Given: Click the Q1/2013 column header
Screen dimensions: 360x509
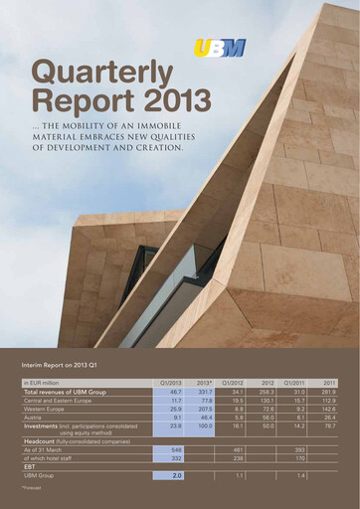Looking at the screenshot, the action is pos(170,382).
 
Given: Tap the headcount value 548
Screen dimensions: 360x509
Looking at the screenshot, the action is pos(175,450).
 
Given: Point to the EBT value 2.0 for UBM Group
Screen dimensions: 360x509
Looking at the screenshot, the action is pos(176,476).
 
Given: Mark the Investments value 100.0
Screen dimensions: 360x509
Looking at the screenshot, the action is pos(204,426).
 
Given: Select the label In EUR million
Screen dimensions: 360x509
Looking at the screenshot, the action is pos(42,382).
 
